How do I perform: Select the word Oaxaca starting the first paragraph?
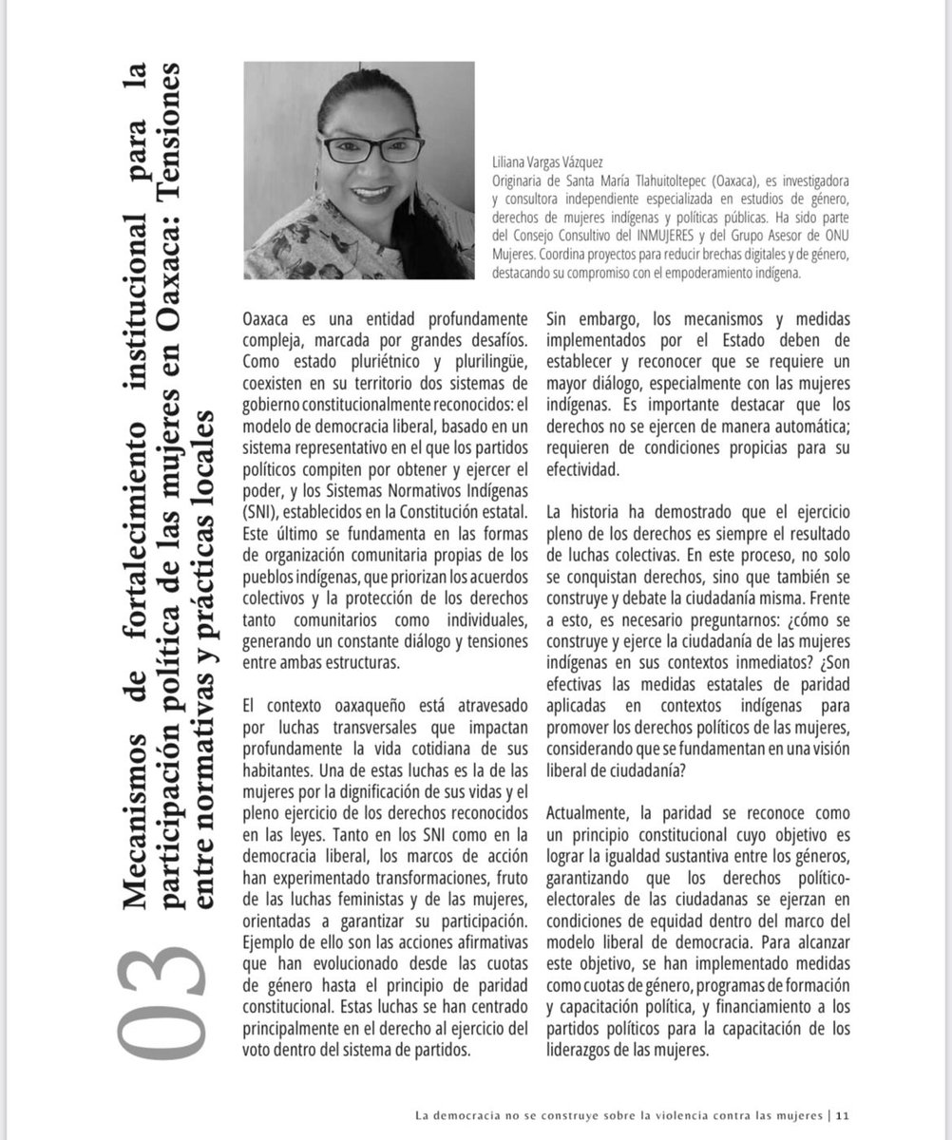click(269, 317)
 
